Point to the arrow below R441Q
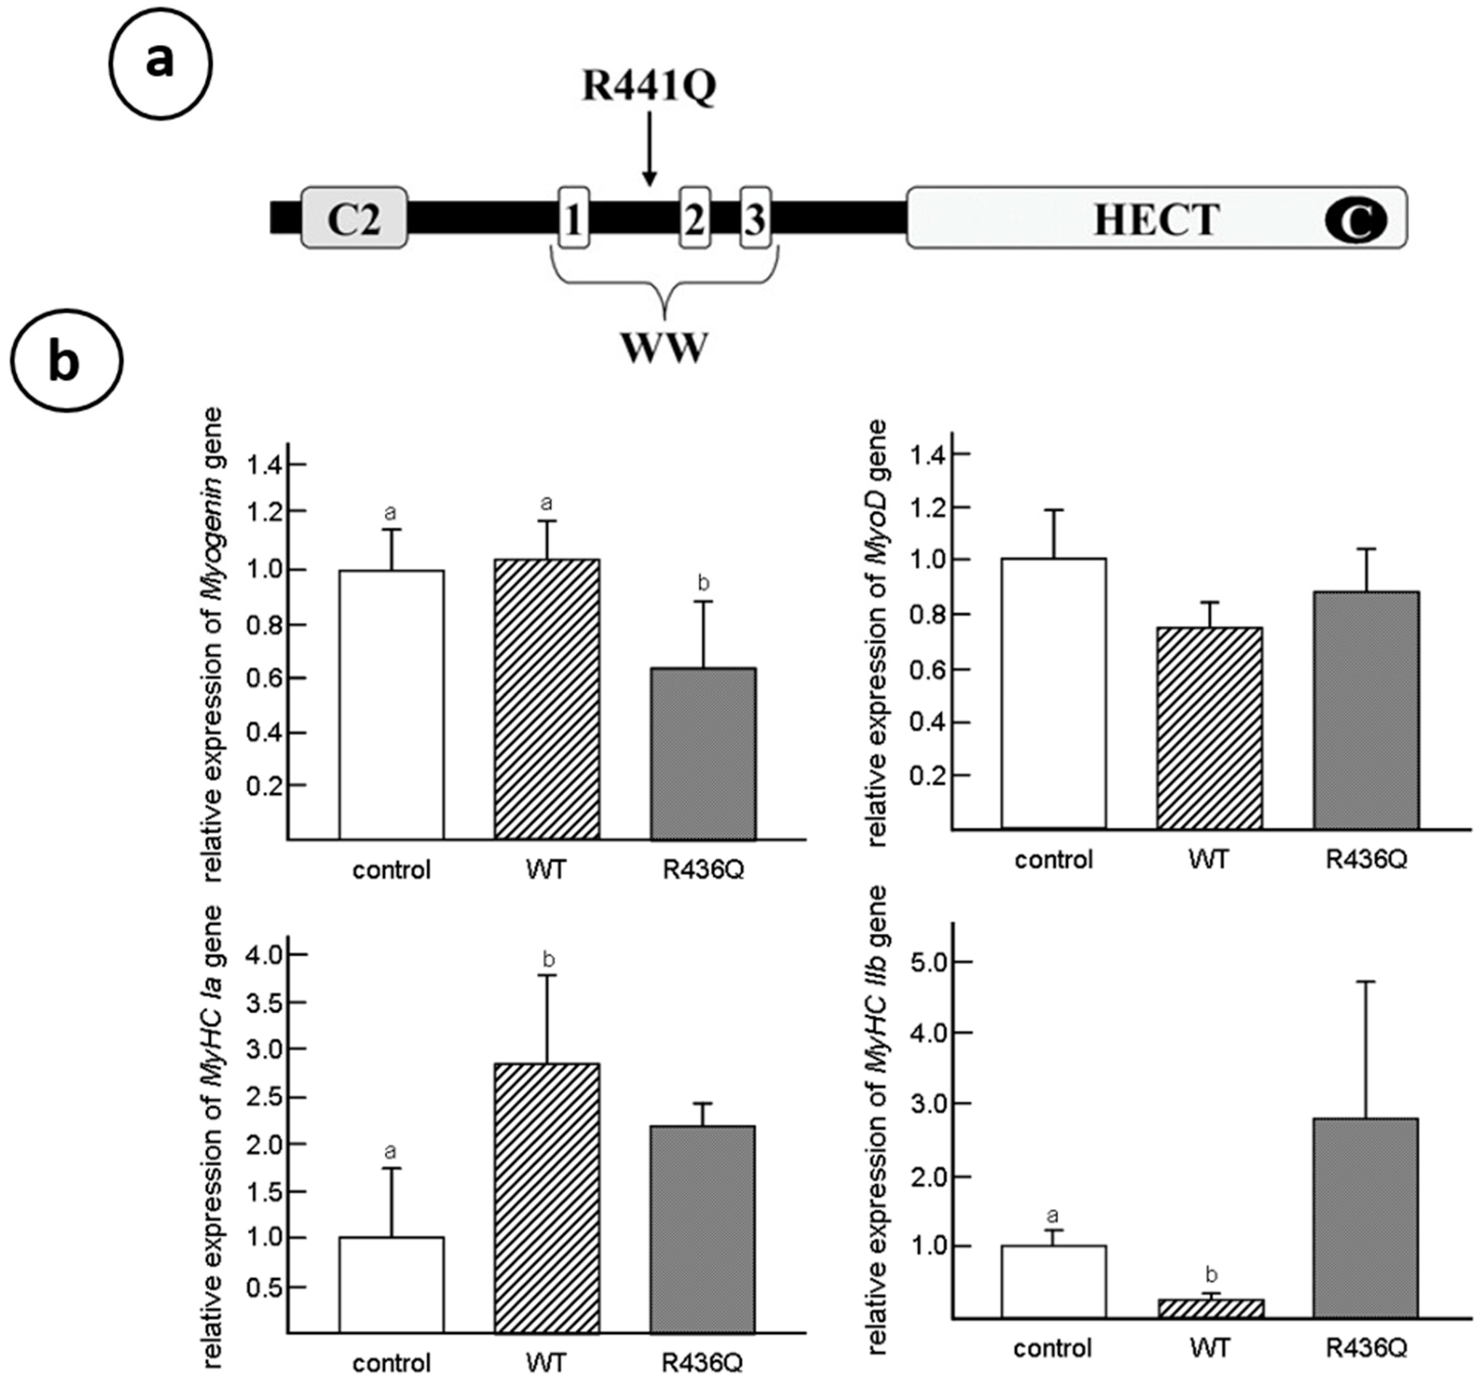(x=649, y=149)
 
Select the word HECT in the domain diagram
(x=1156, y=220)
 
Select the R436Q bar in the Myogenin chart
(x=703, y=753)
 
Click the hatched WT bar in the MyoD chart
(x=1209, y=727)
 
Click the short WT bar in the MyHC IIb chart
(x=1211, y=1308)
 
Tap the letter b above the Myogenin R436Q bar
(x=703, y=583)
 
